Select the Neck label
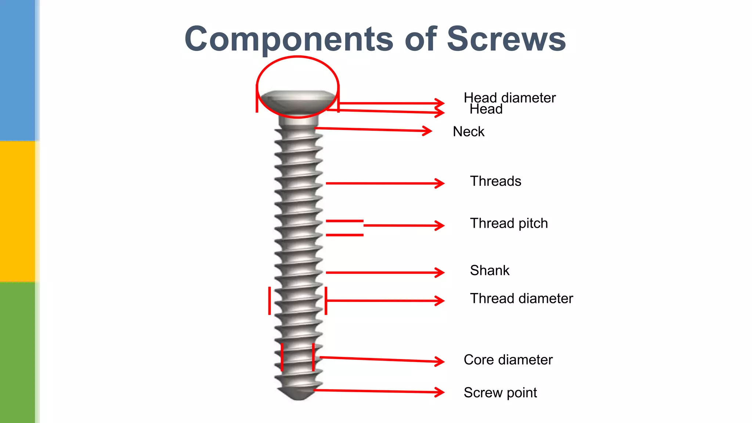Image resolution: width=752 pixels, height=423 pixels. pyautogui.click(x=469, y=131)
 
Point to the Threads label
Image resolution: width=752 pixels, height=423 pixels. pyautogui.click(x=495, y=181)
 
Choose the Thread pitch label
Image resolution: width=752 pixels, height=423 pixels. pyautogui.click(x=509, y=223)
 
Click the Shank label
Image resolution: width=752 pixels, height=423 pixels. pyautogui.click(x=489, y=270)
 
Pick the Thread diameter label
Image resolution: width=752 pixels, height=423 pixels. pyautogui.click(x=521, y=298)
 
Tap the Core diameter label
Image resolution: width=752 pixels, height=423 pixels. pyautogui.click(x=508, y=359)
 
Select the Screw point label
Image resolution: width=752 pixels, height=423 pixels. pyautogui.click(x=500, y=393)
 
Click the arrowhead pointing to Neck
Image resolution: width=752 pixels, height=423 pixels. pyautogui.click(x=428, y=131)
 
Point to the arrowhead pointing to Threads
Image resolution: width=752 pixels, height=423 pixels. pyautogui.click(x=441, y=183)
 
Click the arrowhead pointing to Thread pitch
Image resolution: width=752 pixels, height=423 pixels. pyautogui.click(x=441, y=225)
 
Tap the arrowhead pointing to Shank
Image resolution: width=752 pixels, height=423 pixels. pyautogui.click(x=441, y=272)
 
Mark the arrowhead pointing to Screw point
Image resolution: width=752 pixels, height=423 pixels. pyautogui.click(x=441, y=392)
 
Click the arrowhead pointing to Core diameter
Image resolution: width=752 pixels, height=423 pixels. pyautogui.click(x=441, y=361)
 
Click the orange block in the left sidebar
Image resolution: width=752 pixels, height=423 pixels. pyautogui.click(x=18, y=211)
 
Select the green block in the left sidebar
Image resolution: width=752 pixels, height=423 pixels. pyautogui.click(x=18, y=352)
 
